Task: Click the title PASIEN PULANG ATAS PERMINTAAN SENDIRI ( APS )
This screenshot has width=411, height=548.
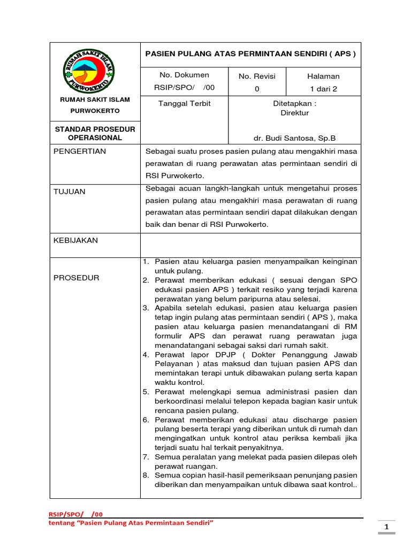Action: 250,54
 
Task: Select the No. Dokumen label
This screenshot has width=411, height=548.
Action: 184,75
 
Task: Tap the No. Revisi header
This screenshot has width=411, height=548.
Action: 257,77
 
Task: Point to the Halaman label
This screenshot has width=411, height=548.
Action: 323,77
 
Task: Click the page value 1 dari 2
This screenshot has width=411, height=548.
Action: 323,89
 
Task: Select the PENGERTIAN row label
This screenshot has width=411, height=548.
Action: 80,151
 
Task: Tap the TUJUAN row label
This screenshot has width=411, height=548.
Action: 70,192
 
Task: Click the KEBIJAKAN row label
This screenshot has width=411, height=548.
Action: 75,240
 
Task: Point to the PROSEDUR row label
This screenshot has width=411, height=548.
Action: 77,278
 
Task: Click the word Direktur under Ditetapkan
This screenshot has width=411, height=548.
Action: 295,113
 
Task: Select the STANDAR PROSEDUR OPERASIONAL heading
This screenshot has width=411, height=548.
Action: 95,133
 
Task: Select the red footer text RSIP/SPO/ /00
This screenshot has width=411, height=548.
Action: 75,514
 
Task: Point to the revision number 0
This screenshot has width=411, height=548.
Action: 257,89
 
